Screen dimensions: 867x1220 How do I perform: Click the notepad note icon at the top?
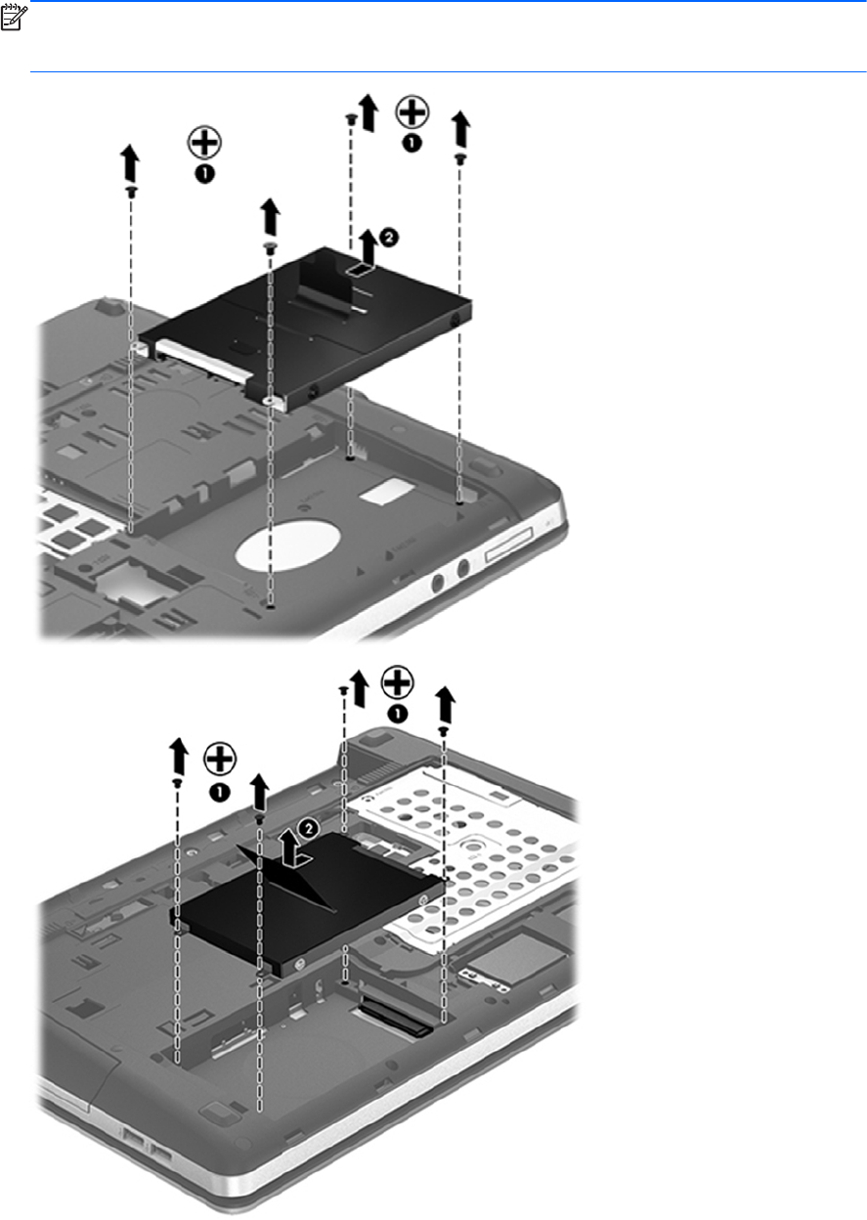[x=12, y=18]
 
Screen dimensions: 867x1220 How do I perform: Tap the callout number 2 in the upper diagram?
[x=389, y=237]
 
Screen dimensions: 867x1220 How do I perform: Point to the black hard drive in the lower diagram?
[x=309, y=904]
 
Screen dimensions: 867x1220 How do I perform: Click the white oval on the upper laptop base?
[x=287, y=545]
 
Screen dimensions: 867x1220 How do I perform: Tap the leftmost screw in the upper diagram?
[x=131, y=192]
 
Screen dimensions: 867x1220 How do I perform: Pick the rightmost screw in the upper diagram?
[x=460, y=158]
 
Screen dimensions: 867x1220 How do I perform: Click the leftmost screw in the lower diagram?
[x=177, y=782]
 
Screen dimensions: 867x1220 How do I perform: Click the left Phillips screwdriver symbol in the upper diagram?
[x=204, y=144]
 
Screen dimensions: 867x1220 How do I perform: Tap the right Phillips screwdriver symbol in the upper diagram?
[x=412, y=112]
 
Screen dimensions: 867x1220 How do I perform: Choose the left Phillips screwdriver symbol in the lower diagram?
[x=220, y=759]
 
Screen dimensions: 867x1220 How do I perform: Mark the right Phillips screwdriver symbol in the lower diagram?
[x=397, y=682]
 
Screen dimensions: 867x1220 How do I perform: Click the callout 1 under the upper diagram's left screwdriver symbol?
[x=204, y=174]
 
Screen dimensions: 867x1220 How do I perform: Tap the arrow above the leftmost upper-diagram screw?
[x=130, y=163]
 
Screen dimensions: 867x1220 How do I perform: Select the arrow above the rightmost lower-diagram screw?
[x=446, y=704]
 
